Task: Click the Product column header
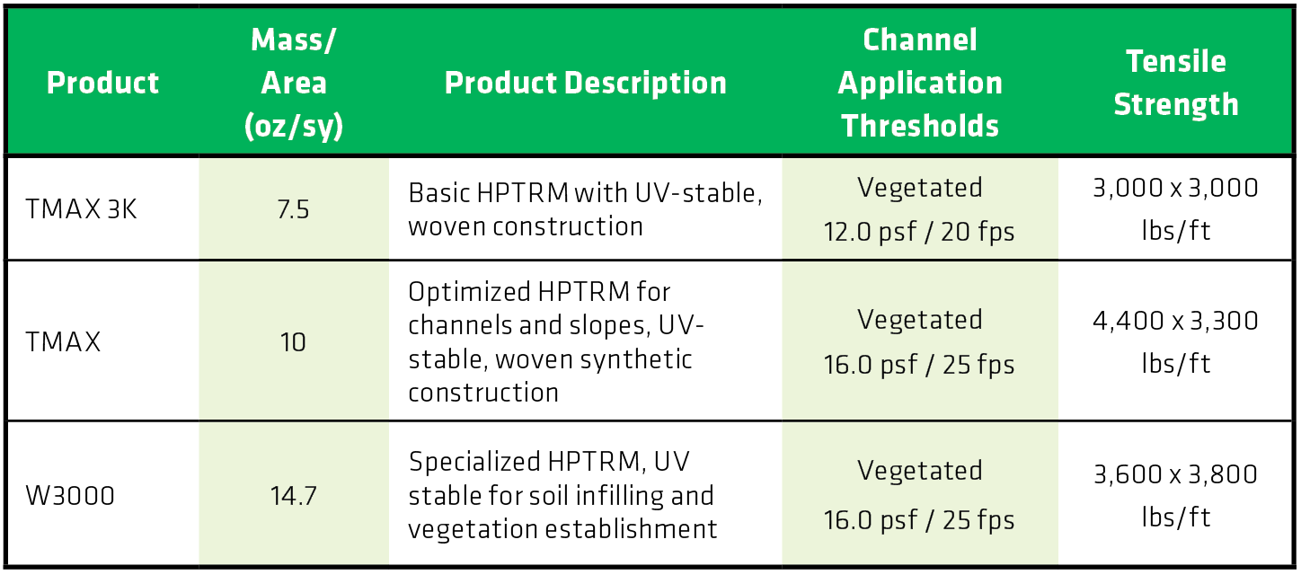coord(102,83)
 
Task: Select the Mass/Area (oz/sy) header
coord(294,83)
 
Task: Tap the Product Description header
coord(586,83)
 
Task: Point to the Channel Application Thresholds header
coord(920,83)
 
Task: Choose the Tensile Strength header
coord(1176,83)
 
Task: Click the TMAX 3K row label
coord(81,209)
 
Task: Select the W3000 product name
coord(70,496)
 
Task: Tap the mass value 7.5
coord(293,209)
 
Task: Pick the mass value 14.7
coord(293,496)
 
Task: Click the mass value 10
coord(293,342)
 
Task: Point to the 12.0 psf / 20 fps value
coord(919,232)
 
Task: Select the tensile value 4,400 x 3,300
coord(1175,321)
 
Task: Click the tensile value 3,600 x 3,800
coord(1175,474)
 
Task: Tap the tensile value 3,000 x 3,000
coord(1175,188)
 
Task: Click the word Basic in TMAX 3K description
coord(439,193)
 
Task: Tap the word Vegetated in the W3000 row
coord(920,471)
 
